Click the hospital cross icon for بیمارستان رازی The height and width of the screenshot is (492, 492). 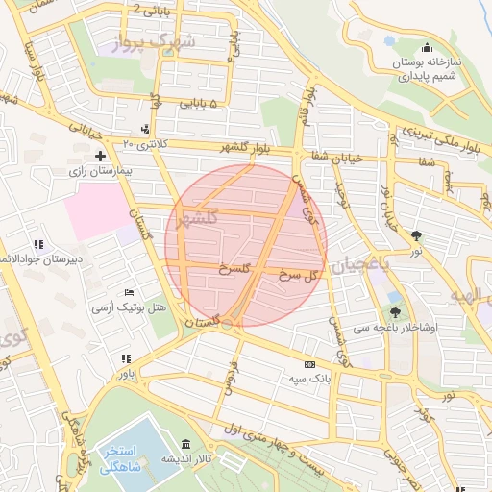click(100, 155)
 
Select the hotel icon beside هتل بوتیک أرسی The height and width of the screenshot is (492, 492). click(130, 292)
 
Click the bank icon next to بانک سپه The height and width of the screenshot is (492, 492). click(308, 364)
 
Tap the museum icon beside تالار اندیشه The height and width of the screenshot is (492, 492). click(185, 444)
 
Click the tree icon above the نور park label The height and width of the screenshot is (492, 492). click(416, 234)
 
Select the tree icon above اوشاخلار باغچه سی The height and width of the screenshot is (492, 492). click(395, 311)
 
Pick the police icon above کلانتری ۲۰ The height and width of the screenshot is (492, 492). click(145, 130)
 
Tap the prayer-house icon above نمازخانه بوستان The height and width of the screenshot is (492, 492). click(427, 49)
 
